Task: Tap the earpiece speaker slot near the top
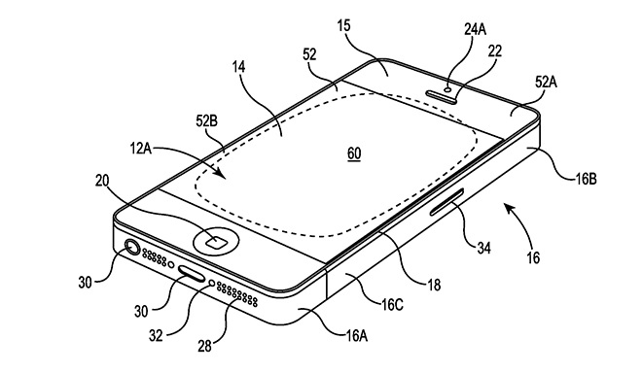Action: (442, 96)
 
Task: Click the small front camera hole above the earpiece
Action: (448, 88)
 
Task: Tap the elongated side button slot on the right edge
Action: (446, 202)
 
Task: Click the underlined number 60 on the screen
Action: (354, 154)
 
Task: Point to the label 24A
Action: (475, 29)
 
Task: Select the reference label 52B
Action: (208, 121)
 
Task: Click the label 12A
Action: (141, 148)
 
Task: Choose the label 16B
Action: (586, 179)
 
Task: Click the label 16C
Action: (392, 304)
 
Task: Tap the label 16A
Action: (356, 335)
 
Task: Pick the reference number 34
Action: (483, 248)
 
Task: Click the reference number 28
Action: (204, 346)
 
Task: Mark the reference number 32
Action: (156, 335)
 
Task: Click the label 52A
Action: (547, 83)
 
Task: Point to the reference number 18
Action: (434, 285)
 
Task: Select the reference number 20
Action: (102, 180)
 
